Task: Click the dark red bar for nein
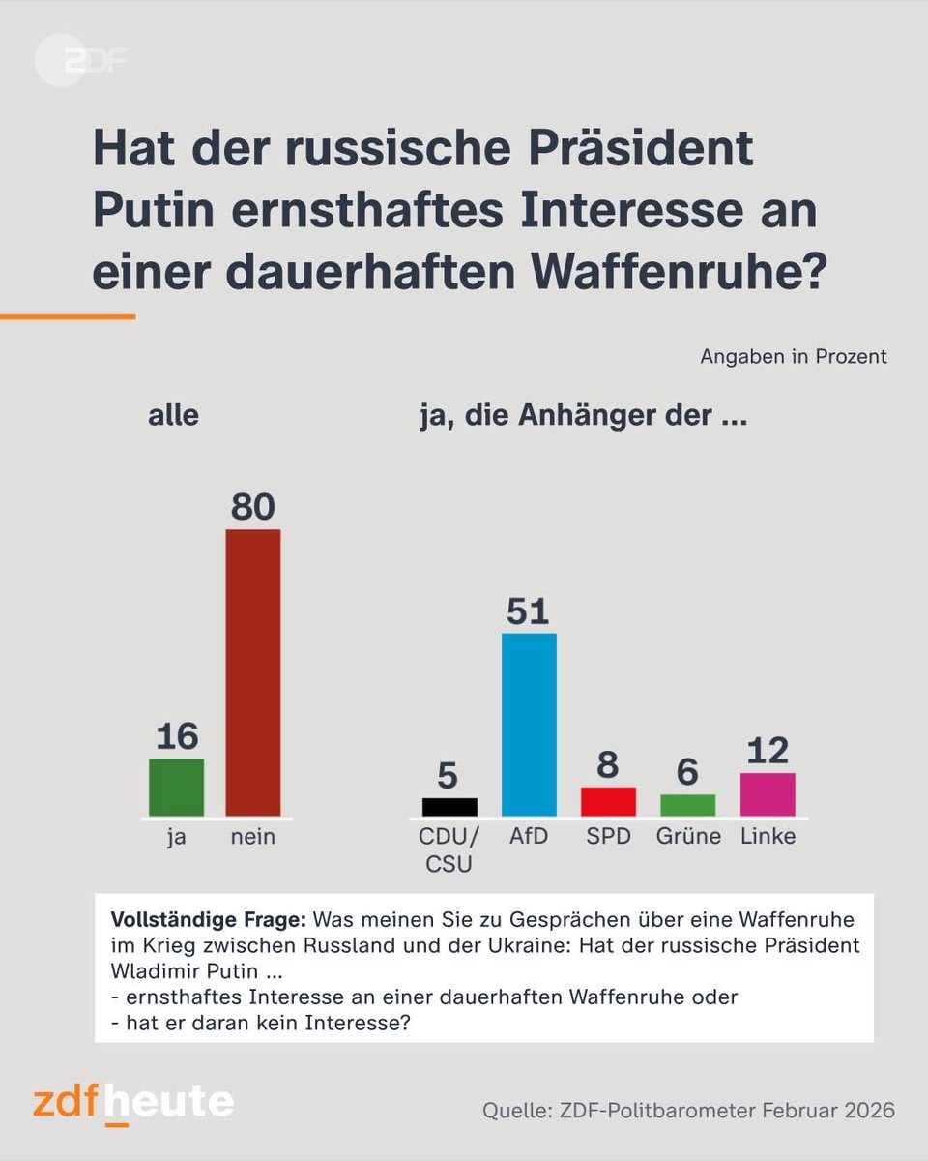253,672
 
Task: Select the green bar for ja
176,787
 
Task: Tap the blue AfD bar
529,725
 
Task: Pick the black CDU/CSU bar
449,807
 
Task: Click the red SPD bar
608,801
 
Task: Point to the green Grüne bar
688,805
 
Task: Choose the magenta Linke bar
768,794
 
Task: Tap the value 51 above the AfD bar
529,611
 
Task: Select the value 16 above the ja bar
176,737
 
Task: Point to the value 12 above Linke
768,751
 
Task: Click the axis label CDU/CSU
449,849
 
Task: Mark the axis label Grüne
688,836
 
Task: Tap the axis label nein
253,837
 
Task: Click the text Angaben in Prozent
793,356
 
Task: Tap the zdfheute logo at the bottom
133,1103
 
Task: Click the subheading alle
173,416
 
